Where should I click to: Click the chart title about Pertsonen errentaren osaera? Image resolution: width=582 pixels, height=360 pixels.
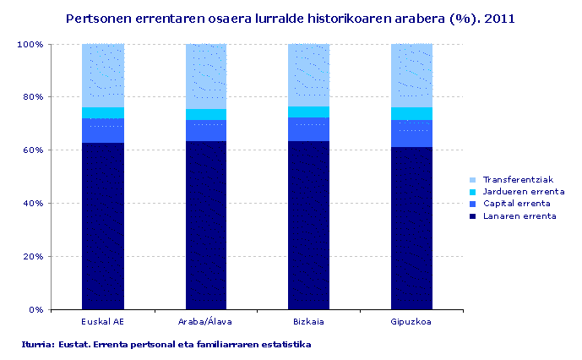[291, 17]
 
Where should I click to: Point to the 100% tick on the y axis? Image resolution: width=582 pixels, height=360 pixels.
[31, 44]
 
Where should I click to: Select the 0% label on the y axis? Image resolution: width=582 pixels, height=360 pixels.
[36, 309]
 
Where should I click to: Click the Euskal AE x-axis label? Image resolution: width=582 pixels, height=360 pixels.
[103, 322]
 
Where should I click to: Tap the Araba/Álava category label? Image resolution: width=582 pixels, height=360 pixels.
[206, 322]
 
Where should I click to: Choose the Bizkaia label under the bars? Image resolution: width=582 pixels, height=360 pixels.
[309, 322]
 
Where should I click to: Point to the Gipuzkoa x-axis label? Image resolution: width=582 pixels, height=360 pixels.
[412, 322]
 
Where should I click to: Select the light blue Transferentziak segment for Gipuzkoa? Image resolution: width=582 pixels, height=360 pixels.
[412, 75]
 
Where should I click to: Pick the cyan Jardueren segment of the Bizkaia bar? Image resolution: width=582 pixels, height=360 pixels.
[309, 112]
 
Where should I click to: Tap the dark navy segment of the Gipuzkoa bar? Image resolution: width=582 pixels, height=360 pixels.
[412, 228]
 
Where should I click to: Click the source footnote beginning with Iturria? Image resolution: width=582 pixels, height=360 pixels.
[167, 345]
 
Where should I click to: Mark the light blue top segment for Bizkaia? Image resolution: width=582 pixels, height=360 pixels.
[309, 74]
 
